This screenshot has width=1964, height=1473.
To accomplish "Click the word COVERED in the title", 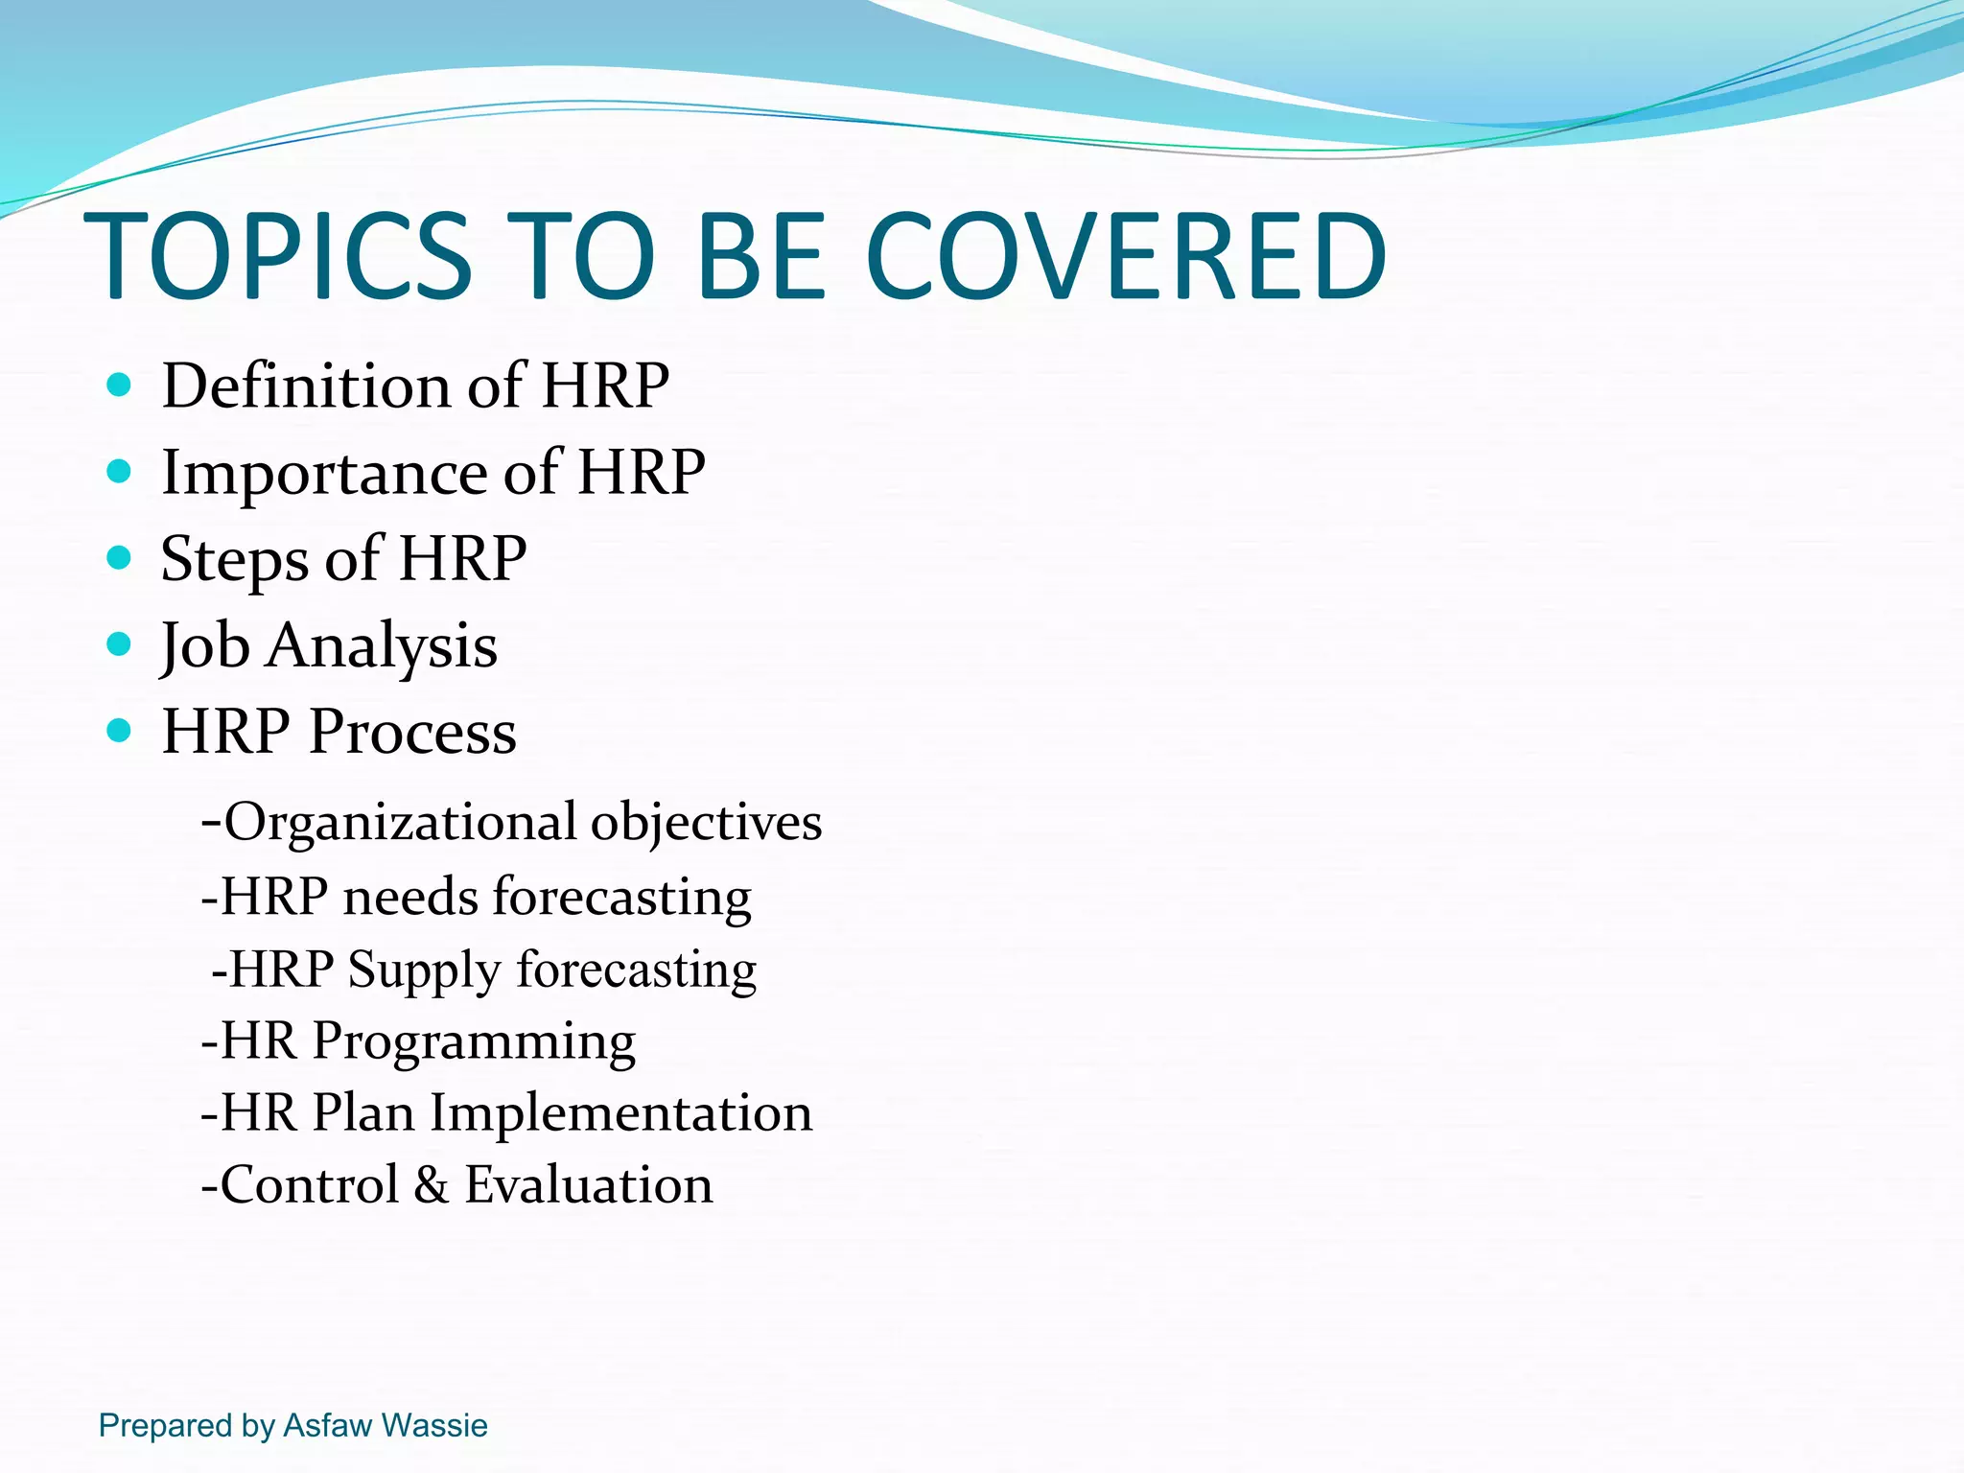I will [x=1125, y=256].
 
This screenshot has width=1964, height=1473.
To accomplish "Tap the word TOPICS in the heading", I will [x=278, y=256].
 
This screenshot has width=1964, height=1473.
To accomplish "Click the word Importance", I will [x=324, y=472].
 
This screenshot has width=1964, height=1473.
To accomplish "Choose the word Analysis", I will [x=382, y=645].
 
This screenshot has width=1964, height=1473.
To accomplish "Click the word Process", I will [x=412, y=732].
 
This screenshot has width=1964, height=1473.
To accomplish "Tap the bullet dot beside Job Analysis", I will [x=119, y=643].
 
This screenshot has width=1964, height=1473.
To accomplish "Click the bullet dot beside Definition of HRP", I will [x=119, y=386].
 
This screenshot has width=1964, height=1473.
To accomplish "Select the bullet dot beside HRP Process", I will [x=119, y=731].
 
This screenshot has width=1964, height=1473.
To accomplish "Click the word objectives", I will [x=706, y=823].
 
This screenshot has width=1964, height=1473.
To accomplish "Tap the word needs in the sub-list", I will [x=410, y=898].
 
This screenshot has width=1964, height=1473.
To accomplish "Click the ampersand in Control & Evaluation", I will [x=432, y=1185].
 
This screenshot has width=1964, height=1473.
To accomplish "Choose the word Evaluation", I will [x=589, y=1185].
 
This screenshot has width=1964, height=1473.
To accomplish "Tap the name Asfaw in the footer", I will [x=327, y=1425].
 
